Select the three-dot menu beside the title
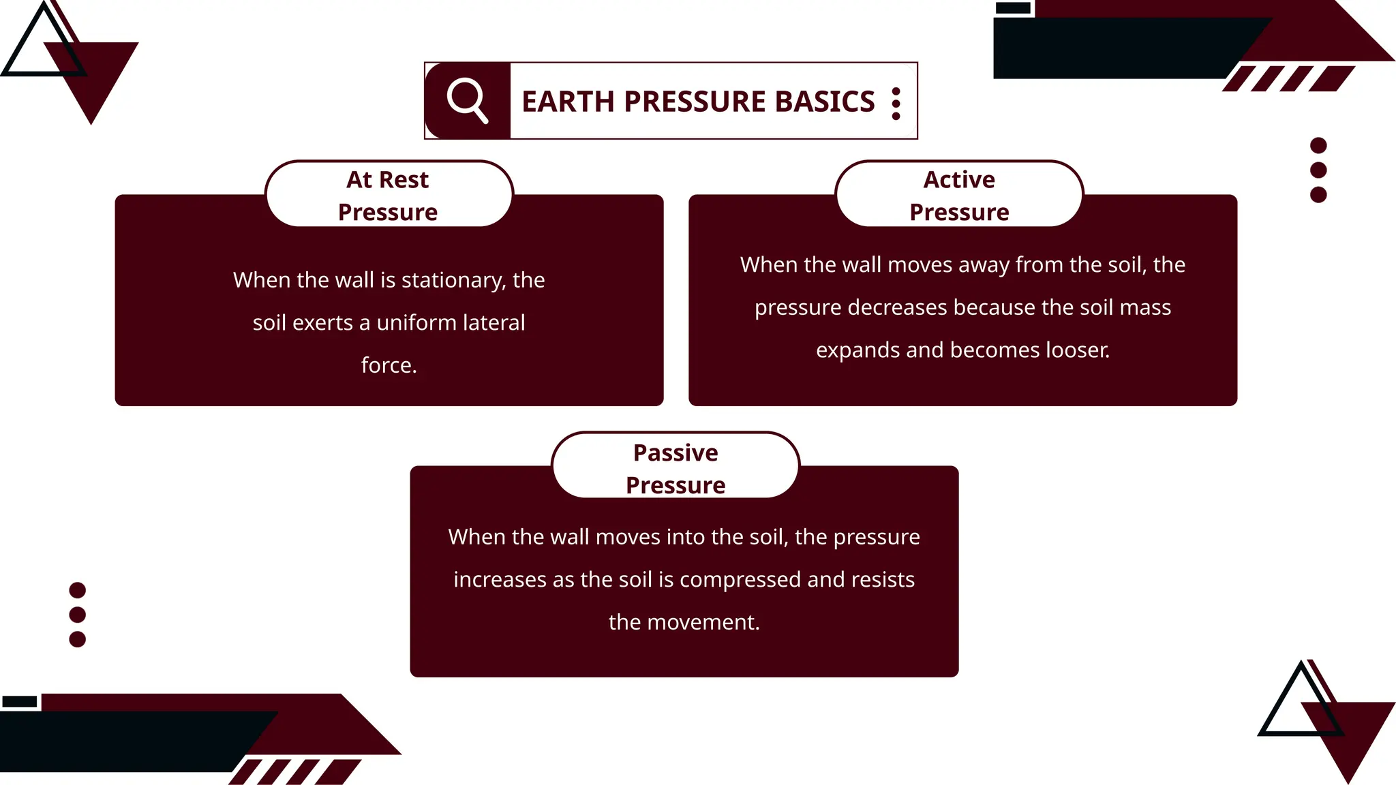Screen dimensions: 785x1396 pos(896,104)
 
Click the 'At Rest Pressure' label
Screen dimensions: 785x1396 pos(388,196)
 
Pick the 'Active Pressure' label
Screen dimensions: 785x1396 pos(959,196)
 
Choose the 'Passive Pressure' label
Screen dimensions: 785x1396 pos(676,468)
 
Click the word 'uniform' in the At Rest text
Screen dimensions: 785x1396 pos(416,322)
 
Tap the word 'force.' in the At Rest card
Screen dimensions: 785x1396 pos(389,365)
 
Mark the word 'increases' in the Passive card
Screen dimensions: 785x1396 pos(500,579)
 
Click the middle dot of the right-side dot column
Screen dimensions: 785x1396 pos(1318,170)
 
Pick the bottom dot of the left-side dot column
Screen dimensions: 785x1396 pos(78,639)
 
